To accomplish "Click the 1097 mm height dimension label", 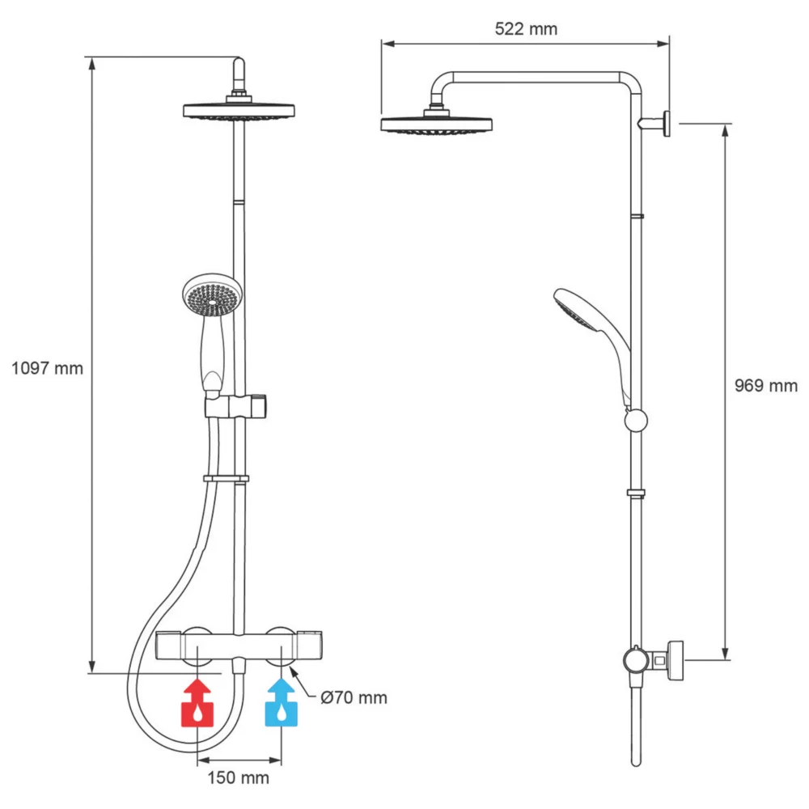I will pos(48,368).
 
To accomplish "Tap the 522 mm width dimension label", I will pos(526,29).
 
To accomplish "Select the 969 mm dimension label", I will pos(765,386).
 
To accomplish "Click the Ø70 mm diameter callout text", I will pos(354,697).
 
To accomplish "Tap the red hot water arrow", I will pos(197,701).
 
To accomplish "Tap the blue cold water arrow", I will pos(282,701).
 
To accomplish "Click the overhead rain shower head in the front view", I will pos(239,111).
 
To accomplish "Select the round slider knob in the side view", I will pos(637,420).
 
